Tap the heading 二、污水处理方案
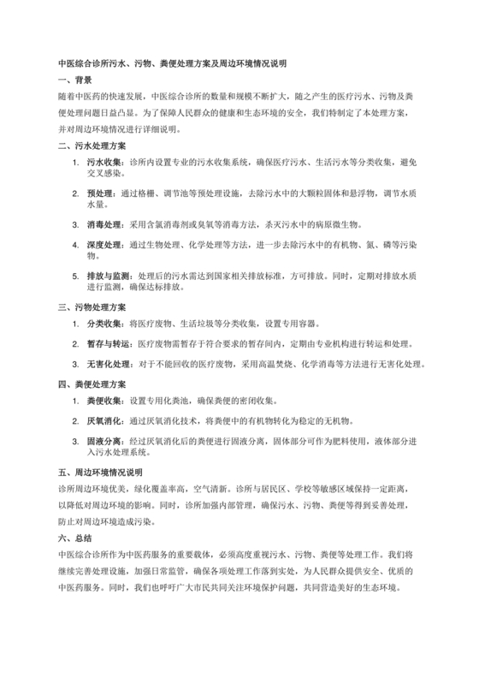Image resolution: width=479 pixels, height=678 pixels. coord(92,146)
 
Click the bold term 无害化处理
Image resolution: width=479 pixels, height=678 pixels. coord(109,363)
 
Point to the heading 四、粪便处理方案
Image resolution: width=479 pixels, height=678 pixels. coord(92,383)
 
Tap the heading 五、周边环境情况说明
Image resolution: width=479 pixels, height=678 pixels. coord(100,471)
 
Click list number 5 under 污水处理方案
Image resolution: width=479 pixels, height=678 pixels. coord(76,277)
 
